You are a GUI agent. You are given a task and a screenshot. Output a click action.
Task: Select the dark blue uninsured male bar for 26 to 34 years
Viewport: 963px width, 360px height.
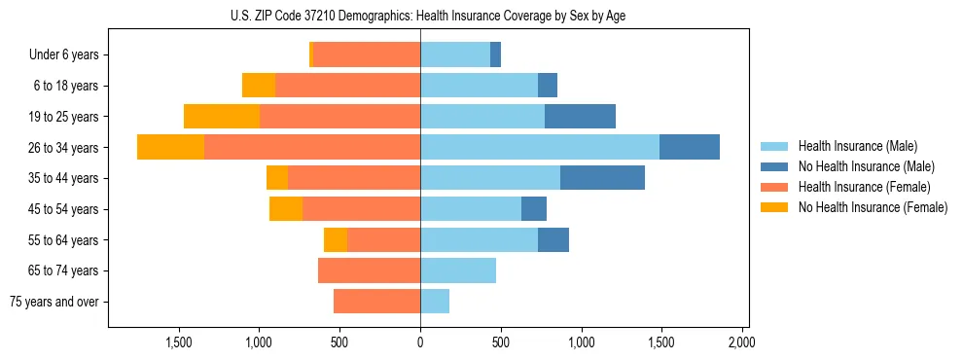689,147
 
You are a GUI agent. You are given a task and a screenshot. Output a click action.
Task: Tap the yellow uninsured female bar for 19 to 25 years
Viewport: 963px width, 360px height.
222,116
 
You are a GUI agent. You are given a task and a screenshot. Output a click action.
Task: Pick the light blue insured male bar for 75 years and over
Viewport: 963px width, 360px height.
435,302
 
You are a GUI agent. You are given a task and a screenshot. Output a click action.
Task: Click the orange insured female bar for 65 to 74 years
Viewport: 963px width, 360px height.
369,270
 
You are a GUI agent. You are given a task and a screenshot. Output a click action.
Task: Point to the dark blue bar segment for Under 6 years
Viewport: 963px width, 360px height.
495,54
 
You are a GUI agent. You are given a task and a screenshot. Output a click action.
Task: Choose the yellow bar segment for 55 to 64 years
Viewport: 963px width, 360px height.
336,239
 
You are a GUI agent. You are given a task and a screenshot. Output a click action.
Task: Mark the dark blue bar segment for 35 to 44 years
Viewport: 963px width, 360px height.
602,178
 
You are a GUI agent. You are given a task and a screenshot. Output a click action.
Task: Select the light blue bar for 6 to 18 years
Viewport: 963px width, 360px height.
479,86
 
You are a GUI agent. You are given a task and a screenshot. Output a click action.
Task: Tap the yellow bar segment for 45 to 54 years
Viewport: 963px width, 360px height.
286,208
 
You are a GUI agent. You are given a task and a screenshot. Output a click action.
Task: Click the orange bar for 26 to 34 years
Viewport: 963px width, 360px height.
312,147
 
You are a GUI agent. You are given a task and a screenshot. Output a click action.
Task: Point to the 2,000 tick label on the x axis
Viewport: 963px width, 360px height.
741,342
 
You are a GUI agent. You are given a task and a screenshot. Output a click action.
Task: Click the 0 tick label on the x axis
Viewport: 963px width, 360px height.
420,342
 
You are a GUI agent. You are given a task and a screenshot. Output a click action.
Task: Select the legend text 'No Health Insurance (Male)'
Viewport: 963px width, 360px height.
866,166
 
